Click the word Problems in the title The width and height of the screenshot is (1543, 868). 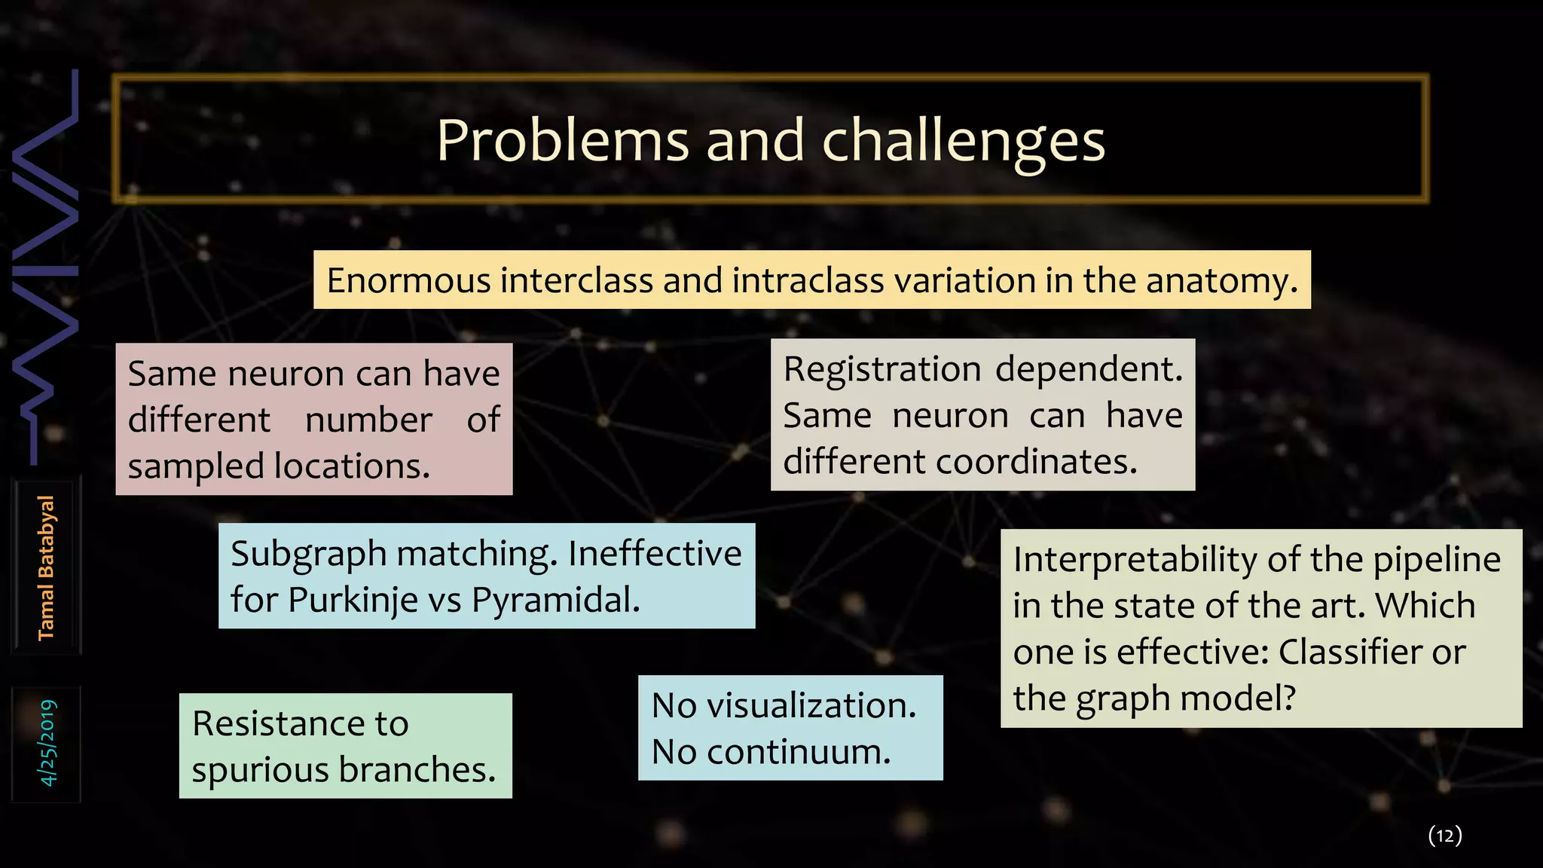562,141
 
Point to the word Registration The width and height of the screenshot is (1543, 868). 881,369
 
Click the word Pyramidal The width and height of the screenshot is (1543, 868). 555,601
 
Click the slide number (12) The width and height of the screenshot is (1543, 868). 1444,835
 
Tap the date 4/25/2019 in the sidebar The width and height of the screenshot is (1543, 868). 47,743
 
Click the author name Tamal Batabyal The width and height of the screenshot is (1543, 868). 46,567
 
